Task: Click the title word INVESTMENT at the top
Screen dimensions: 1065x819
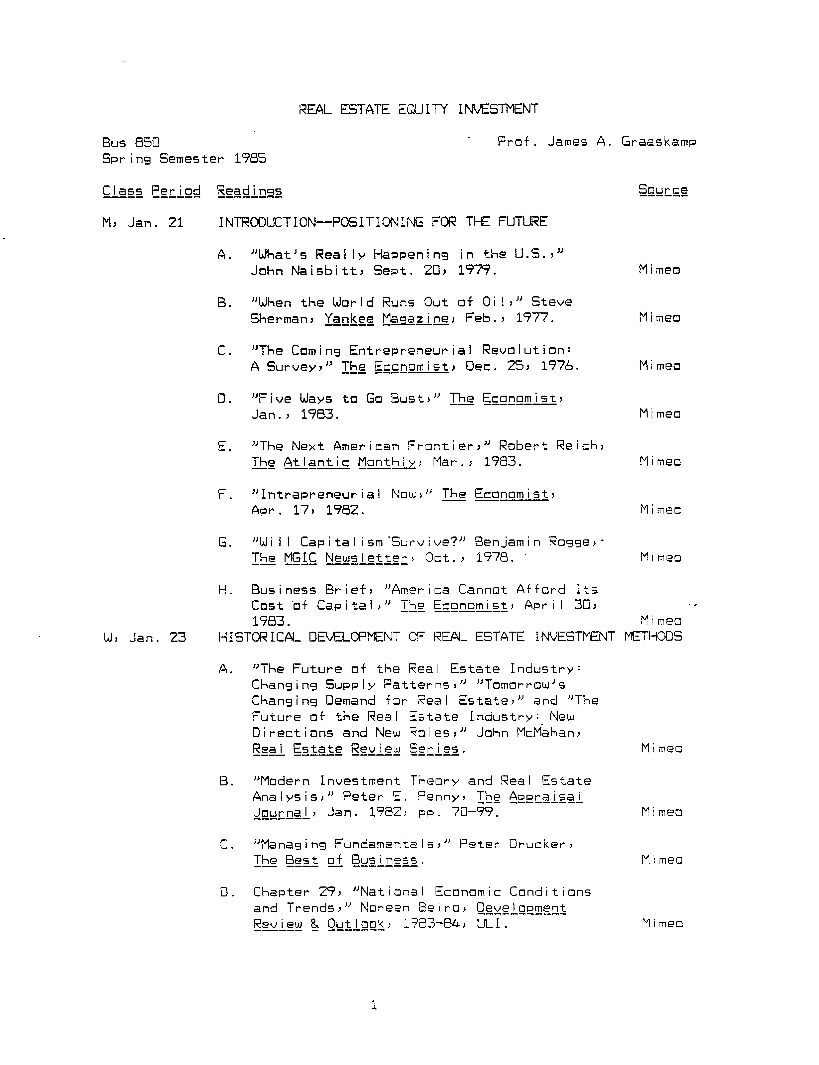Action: point(498,109)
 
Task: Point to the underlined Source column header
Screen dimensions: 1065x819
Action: point(663,190)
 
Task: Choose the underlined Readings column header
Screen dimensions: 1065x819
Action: point(249,191)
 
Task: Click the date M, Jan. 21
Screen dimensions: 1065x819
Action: point(143,223)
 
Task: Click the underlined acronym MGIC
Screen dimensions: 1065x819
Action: point(300,558)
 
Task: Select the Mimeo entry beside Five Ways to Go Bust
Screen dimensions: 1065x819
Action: point(660,414)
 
